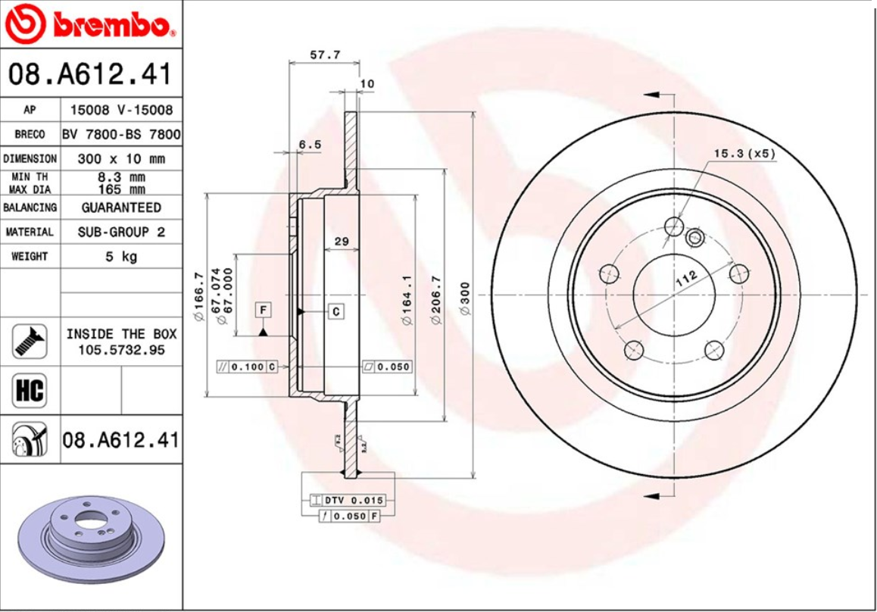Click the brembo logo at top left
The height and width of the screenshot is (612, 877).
tap(91, 24)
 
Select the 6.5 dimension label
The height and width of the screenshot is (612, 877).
tap(310, 144)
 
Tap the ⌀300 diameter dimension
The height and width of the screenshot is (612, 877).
tap(465, 298)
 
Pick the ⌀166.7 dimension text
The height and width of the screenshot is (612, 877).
tap(198, 295)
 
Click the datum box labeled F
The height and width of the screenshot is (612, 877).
tap(263, 310)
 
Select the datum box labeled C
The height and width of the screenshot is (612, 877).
tap(336, 311)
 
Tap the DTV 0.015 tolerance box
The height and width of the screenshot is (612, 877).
tap(348, 501)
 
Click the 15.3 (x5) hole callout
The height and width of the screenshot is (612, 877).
tap(744, 154)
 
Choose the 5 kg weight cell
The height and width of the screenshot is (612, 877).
tap(121, 257)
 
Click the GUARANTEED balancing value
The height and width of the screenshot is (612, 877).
tap(121, 208)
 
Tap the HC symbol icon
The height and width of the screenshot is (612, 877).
tap(30, 391)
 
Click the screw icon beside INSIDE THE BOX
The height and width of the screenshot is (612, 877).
tap(30, 342)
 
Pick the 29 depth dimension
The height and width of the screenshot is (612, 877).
tap(341, 242)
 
